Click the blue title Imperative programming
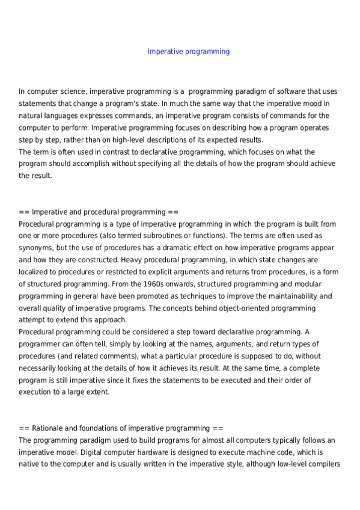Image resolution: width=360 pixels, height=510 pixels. pos(188,52)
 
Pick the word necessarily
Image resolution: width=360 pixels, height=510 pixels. pos(40,355)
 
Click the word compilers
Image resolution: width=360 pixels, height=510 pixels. pos(323,464)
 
